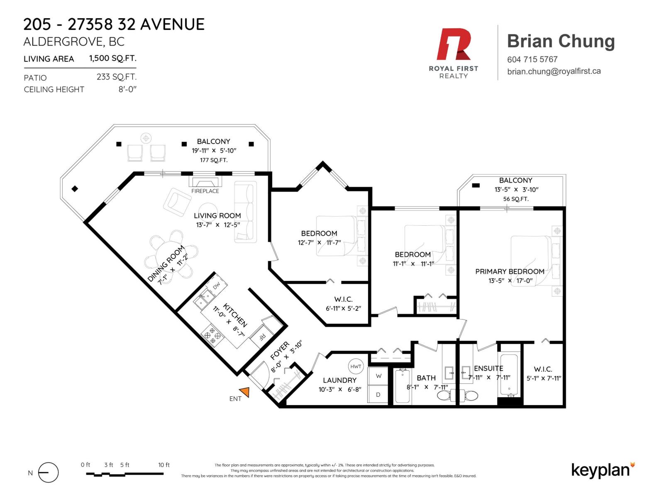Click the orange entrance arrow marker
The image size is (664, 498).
[245, 392]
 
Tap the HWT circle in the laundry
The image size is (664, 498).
[355, 366]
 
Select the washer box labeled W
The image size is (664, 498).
[378, 376]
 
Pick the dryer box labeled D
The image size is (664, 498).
[378, 394]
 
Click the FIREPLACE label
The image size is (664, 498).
[205, 191]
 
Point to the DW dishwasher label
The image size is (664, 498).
[217, 286]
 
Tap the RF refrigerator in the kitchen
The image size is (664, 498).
[262, 337]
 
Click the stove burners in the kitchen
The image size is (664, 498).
[212, 335]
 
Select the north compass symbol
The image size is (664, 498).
[49, 472]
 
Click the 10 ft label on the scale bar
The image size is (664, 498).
[164, 465]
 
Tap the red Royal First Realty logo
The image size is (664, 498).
[453, 44]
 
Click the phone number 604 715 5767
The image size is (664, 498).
[532, 60]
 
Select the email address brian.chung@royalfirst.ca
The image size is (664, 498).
[554, 71]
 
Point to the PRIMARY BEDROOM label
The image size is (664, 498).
[510, 271]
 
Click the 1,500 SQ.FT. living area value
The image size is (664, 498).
[112, 59]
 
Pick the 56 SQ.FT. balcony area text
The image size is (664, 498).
[515, 199]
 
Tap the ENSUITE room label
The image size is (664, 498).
[488, 368]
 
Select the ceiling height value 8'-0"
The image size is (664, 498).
[127, 90]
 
